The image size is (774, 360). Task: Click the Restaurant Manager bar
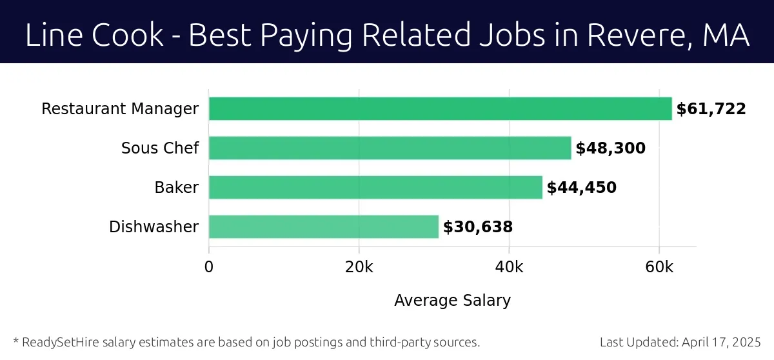pyautogui.click(x=440, y=109)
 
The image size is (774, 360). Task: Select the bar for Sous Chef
pyautogui.click(x=390, y=148)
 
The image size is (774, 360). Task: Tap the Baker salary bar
pyautogui.click(x=375, y=188)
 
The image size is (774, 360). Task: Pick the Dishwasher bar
pyautogui.click(x=324, y=227)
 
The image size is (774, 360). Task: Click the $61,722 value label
pyautogui.click(x=711, y=109)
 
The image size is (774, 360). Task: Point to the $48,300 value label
pyautogui.click(x=610, y=148)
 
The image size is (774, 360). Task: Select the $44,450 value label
pyautogui.click(x=581, y=188)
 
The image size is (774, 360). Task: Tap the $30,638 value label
pyautogui.click(x=477, y=227)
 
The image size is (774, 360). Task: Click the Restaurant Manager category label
pyautogui.click(x=120, y=109)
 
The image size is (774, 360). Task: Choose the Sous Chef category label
pyautogui.click(x=160, y=148)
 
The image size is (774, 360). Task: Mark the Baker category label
pyautogui.click(x=176, y=188)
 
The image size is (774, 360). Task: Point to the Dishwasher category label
pyautogui.click(x=154, y=227)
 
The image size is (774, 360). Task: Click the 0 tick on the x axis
pyautogui.click(x=209, y=267)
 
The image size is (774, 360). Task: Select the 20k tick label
pyautogui.click(x=359, y=267)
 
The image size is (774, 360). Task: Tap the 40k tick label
pyautogui.click(x=509, y=267)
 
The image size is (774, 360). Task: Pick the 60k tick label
pyautogui.click(x=659, y=267)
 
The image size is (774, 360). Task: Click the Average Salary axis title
pyautogui.click(x=452, y=300)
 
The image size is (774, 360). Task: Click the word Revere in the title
pyautogui.click(x=628, y=35)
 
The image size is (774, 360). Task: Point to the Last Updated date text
pyautogui.click(x=680, y=342)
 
